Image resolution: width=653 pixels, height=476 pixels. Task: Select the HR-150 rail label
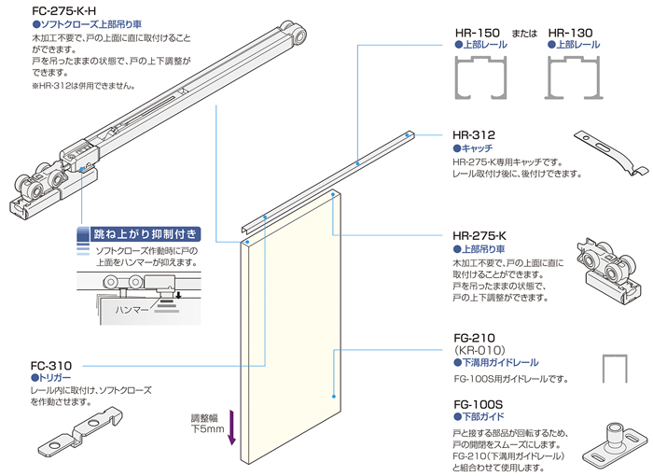coord(479,31)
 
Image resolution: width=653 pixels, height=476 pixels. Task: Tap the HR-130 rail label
coord(576,31)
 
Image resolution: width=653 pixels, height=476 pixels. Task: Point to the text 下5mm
coord(206,429)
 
